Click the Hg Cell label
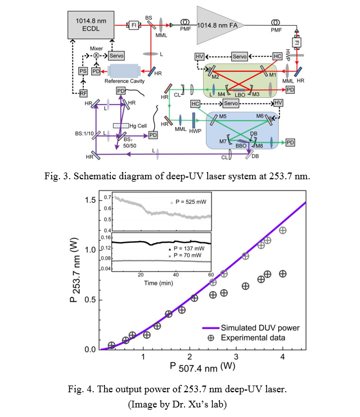138,125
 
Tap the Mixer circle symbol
96,56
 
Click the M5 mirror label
223,116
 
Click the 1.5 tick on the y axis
89,201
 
